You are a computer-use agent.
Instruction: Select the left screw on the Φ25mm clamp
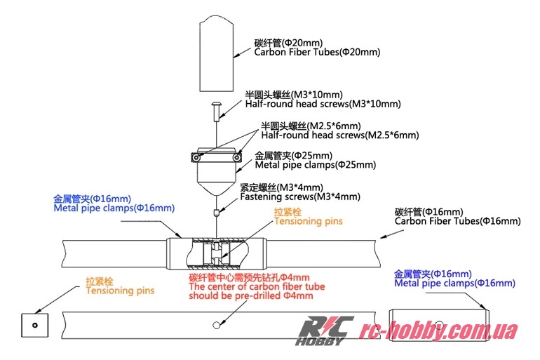click(x=198, y=159)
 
